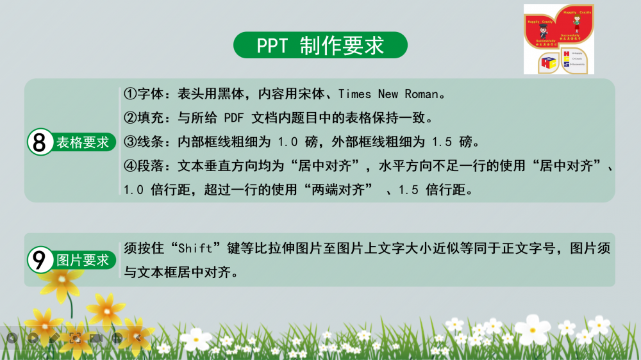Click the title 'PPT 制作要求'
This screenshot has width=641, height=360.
[x=320, y=45]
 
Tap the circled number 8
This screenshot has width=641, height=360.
[x=40, y=142]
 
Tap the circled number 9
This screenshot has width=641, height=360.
[x=40, y=260]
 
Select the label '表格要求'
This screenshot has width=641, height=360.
[x=83, y=142]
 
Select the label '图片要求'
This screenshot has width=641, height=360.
[x=83, y=260]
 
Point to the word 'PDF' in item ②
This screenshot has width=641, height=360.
[x=235, y=118]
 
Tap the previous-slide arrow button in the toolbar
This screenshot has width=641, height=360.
[x=12, y=337]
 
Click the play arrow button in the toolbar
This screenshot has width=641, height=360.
[x=33, y=337]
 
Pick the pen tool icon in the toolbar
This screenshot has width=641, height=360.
[x=54, y=337]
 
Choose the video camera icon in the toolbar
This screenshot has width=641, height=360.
[x=96, y=337]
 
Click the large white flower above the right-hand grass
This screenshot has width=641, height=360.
[x=533, y=329]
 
